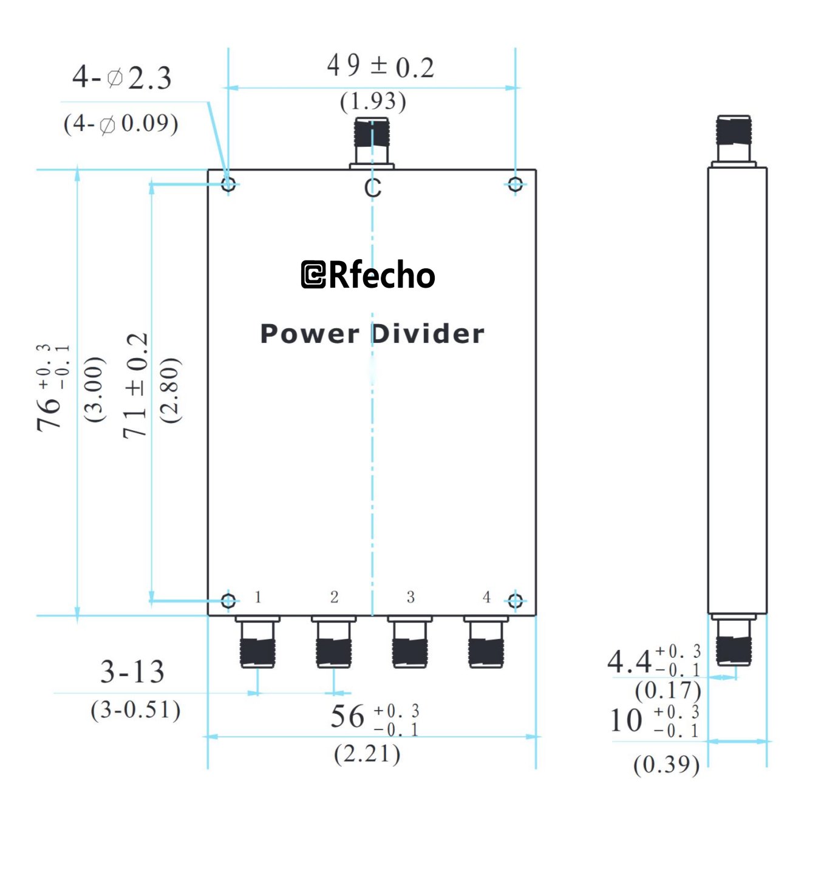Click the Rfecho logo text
[x=369, y=275]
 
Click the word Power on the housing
[x=309, y=334]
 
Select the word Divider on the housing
[x=428, y=334]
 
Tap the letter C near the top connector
[x=373, y=188]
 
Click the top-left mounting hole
[x=228, y=184]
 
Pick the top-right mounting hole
[x=515, y=184]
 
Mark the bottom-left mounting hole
[x=228, y=601]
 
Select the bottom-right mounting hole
[x=515, y=601]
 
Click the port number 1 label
[x=258, y=597]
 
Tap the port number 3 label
[x=410, y=597]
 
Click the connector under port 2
[x=333, y=643]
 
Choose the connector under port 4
[x=486, y=643]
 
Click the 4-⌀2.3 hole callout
[x=122, y=78]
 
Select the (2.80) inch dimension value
[x=170, y=390]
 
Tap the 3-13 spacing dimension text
[x=132, y=672]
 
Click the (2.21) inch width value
[x=367, y=754]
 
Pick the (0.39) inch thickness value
[x=666, y=765]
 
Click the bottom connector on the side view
[x=734, y=642]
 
